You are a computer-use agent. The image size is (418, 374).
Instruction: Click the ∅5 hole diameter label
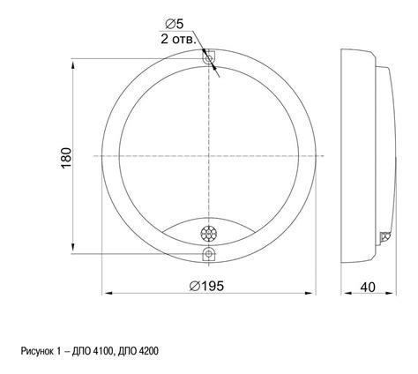pos(175,24)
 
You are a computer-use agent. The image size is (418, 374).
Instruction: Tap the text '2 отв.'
pos(178,40)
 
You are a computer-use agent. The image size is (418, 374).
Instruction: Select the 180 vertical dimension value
pos(66,158)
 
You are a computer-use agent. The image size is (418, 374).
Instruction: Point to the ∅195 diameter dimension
pos(206,286)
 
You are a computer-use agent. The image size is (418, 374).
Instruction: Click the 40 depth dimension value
pos(368,287)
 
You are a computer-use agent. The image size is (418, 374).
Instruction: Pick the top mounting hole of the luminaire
pos(209,59)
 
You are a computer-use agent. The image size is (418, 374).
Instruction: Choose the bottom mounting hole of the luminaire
pos(209,253)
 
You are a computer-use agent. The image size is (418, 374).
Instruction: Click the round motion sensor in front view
pos(209,234)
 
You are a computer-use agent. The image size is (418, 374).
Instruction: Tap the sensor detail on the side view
pos(385,236)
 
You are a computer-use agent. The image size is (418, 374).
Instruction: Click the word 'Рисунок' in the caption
pos(37,351)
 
